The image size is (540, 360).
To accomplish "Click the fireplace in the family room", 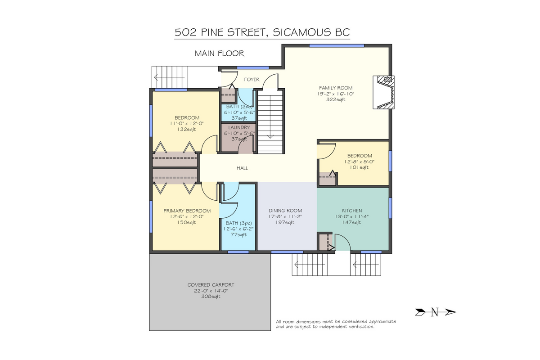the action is point(383,92).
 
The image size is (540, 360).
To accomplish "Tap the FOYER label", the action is point(252,79).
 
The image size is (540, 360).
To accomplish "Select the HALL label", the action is point(242,168).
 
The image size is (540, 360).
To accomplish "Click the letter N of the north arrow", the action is point(434,312).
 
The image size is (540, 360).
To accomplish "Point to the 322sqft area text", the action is point(336,99).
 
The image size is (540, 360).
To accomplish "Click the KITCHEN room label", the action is point(352,211).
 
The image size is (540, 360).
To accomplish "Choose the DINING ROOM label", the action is point(285,211).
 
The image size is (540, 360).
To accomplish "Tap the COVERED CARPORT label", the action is point(211,285).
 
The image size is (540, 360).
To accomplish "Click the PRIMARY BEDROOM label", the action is point(187,211).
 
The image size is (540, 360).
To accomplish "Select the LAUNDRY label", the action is point(239,127).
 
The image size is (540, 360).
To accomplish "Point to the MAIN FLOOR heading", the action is point(220,53).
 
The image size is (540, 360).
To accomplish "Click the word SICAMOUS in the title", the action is point(301,32).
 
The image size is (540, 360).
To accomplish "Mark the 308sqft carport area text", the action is point(211,297).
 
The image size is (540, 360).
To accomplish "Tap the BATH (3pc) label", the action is point(238,223).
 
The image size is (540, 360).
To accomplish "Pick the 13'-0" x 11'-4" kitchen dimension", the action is point(352,216).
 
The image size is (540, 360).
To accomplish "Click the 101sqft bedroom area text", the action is point(359,167).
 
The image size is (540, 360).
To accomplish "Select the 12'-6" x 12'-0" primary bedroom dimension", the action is point(187,216).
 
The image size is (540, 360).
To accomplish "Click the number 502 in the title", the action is point(185,32).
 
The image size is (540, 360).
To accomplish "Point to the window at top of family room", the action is point(337,45).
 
